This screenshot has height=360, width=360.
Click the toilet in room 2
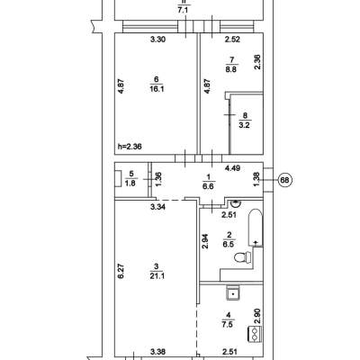pyautogui.click(x=243, y=257)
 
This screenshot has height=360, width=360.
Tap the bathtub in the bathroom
pyautogui.click(x=256, y=228)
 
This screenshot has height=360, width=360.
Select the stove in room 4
pyautogui.click(x=255, y=334)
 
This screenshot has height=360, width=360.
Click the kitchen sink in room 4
pyautogui.click(x=233, y=293)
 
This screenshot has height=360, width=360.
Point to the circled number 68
pyautogui.click(x=284, y=180)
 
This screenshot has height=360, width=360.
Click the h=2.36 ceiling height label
pyautogui.click(x=130, y=147)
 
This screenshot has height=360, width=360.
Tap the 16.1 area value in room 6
pyautogui.click(x=157, y=89)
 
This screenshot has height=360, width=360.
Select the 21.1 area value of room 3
pyautogui.click(x=157, y=275)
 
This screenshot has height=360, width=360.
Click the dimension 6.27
pyautogui.click(x=121, y=271)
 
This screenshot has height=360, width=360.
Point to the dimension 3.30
pyautogui.click(x=157, y=39)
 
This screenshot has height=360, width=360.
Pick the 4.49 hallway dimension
pyautogui.click(x=232, y=168)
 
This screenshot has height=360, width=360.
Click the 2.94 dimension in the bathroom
pyautogui.click(x=205, y=241)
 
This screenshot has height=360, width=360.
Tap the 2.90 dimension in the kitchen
pyautogui.click(x=257, y=317)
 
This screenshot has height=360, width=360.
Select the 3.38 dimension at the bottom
pyautogui.click(x=157, y=352)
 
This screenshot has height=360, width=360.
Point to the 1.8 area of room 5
pyautogui.click(x=130, y=183)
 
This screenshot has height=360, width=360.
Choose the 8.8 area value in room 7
pyautogui.click(x=232, y=70)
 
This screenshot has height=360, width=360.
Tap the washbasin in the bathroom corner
pyautogui.click(x=236, y=203)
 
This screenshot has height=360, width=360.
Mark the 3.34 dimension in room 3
pyautogui.click(x=157, y=206)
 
